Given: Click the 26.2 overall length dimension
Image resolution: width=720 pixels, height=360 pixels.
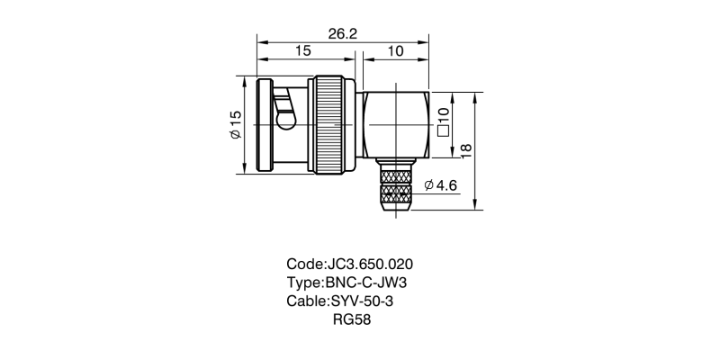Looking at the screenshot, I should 343,33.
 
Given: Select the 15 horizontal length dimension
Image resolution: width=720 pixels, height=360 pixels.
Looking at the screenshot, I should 302,52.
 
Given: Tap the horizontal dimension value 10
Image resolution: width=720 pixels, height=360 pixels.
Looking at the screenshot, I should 394,52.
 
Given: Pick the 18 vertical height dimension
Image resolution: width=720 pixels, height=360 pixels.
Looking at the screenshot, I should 465,149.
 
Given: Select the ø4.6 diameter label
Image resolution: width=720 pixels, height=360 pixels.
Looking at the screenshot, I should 441,184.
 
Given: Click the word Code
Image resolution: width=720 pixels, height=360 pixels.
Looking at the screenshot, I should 303,265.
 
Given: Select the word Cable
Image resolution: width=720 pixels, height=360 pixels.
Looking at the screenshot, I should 306,301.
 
